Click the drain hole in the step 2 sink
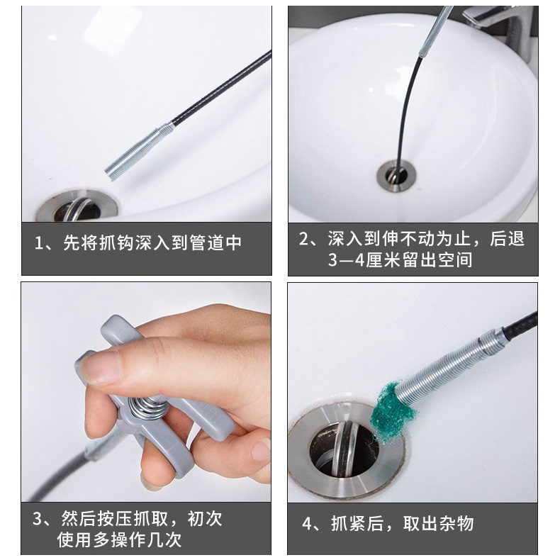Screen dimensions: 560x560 (x=396, y=176)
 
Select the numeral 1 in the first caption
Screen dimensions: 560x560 (x=38, y=243)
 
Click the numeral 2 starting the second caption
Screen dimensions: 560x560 (x=304, y=239)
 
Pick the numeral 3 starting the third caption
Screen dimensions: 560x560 (x=38, y=519)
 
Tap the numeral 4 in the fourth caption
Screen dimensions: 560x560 (x=307, y=524)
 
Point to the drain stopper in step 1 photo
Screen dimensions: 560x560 (x=77, y=209)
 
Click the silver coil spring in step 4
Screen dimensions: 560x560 (x=451, y=368)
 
